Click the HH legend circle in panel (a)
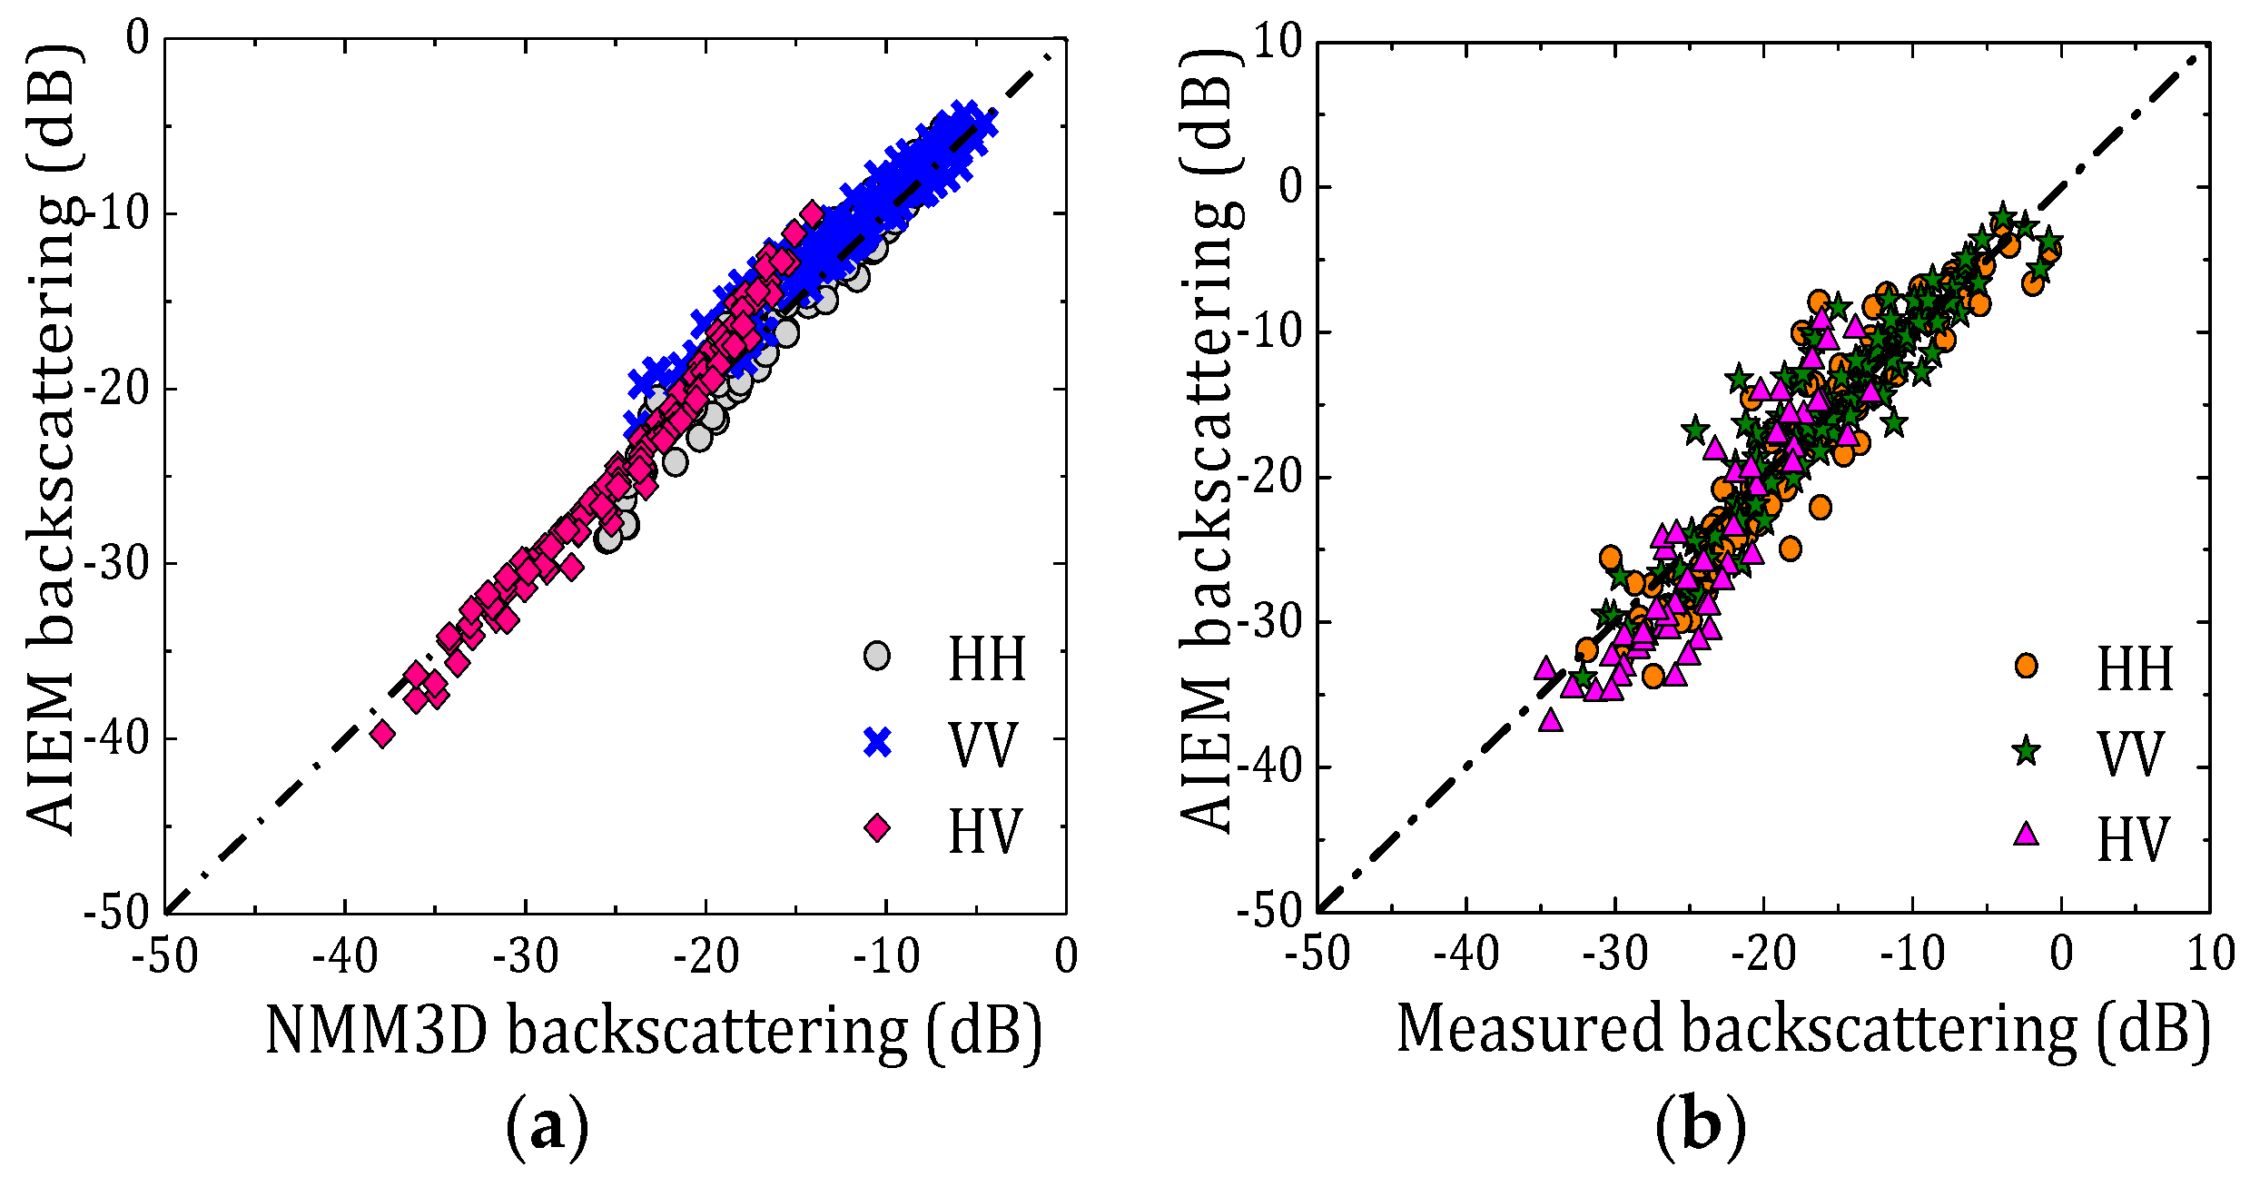click(876, 656)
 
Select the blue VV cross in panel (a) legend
click(877, 743)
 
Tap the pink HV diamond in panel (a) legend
click(877, 828)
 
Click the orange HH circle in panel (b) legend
click(2026, 666)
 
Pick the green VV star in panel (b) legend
click(2026, 752)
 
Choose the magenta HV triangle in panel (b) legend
click(2026, 834)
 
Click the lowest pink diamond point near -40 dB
click(382, 734)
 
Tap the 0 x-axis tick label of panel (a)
click(1066, 956)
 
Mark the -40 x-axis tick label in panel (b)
click(1465, 955)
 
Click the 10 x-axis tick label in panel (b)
click(2210, 955)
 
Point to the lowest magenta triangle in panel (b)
click(1551, 721)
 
